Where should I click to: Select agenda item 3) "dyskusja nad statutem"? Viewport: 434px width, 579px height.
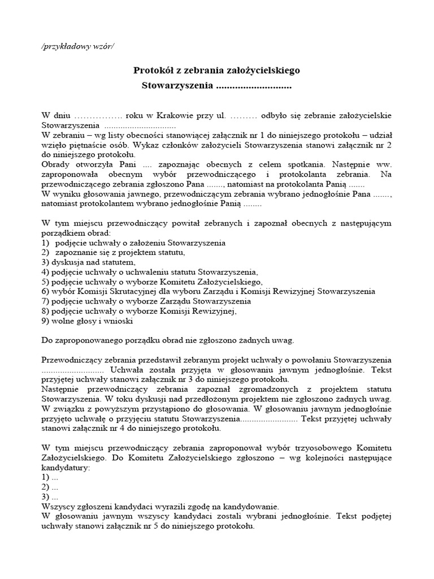[89, 262]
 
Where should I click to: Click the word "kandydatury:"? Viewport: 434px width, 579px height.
[66, 468]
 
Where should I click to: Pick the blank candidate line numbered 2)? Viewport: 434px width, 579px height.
[50, 487]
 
